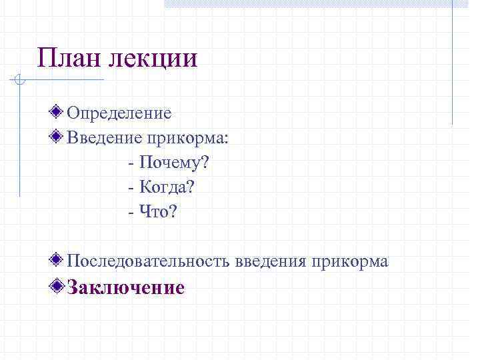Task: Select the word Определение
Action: pyautogui.click(x=119, y=114)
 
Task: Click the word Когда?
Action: pyautogui.click(x=168, y=188)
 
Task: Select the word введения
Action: pyautogui.click(x=269, y=262)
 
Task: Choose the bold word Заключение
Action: pyautogui.click(x=126, y=288)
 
